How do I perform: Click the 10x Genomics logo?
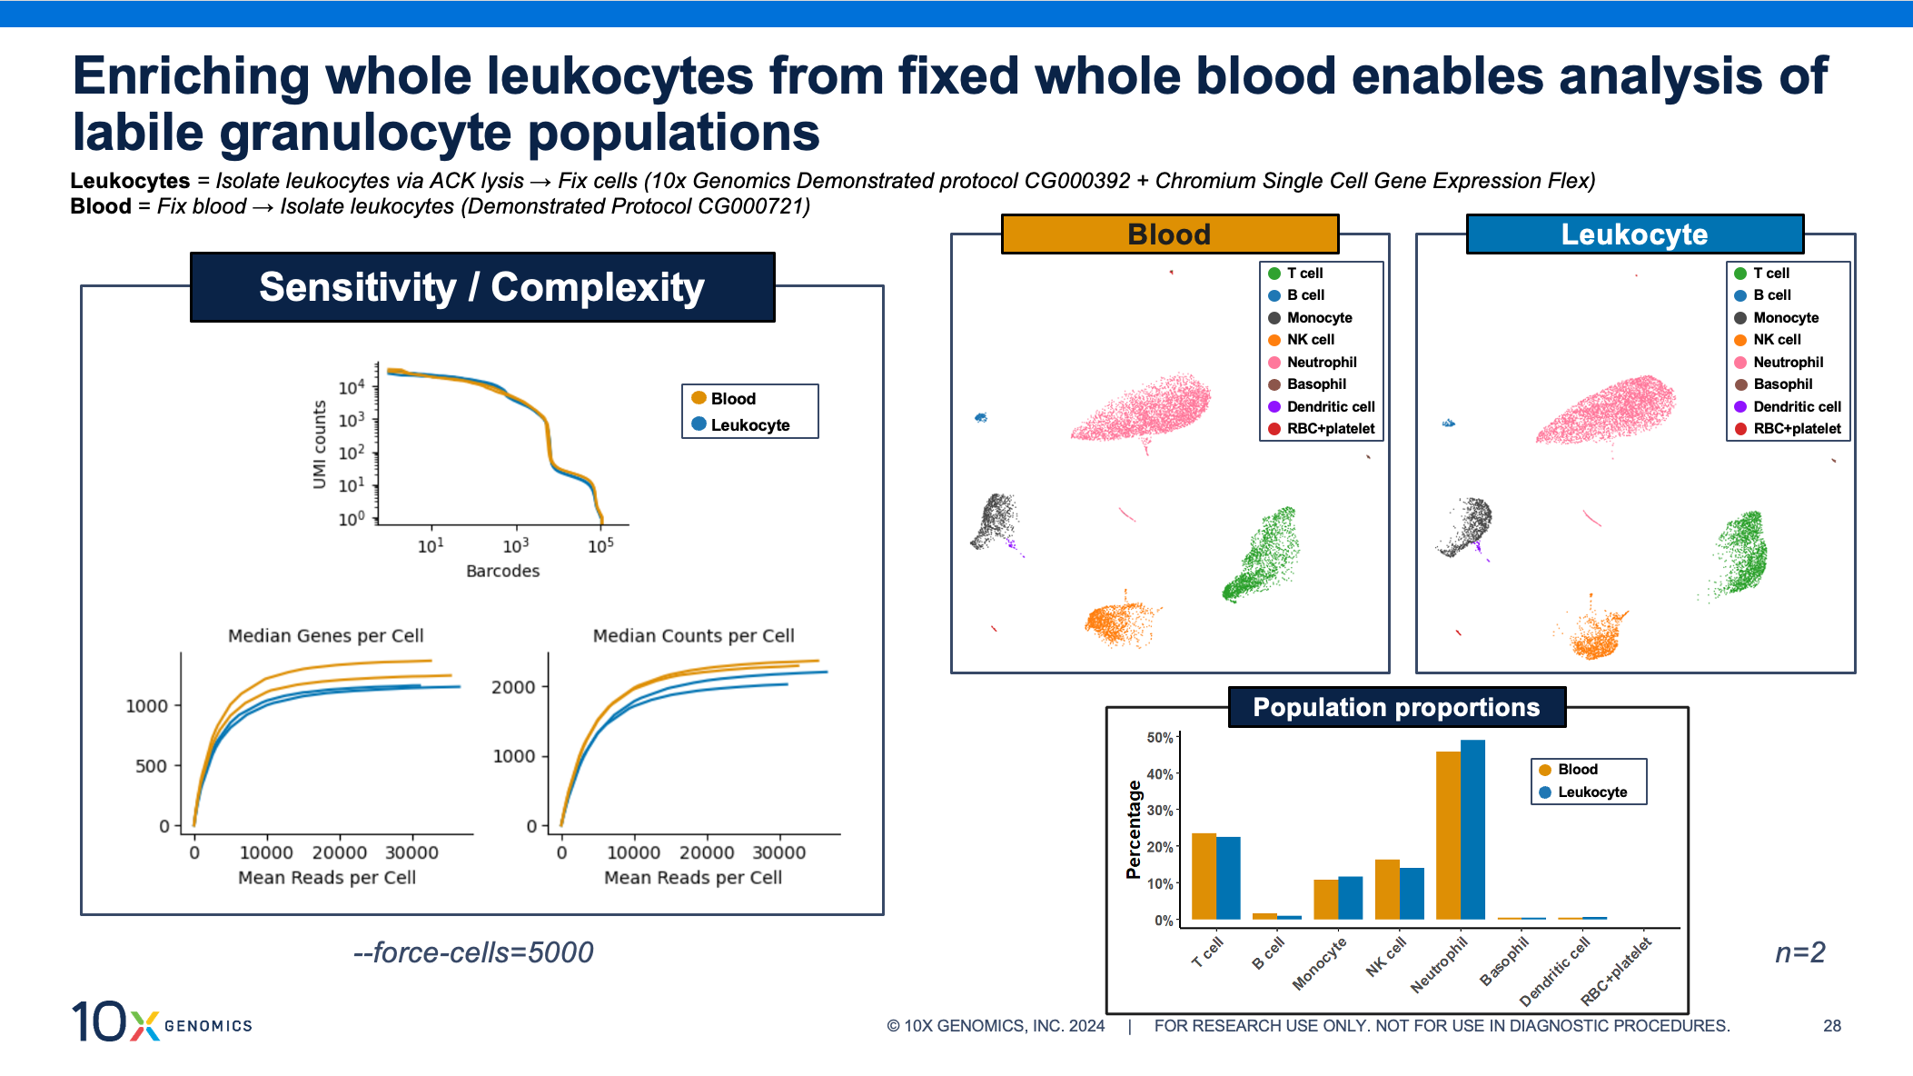coord(162,1021)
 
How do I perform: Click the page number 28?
coord(1831,1026)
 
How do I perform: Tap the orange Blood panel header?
coord(1169,234)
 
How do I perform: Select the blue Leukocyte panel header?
coord(1634,234)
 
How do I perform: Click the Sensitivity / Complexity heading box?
coord(481,287)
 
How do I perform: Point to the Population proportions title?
coord(1396,707)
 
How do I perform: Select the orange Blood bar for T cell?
coord(1204,876)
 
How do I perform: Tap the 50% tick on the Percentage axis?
coord(1160,738)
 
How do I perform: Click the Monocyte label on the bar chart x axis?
coord(1320,963)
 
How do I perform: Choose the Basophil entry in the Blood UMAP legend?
coord(1316,384)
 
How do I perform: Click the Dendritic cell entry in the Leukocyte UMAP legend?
coord(1797,407)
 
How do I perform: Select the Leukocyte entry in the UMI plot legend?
coord(749,425)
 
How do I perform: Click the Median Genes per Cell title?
coord(325,636)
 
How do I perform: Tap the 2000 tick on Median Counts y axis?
coord(513,687)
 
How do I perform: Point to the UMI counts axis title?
coord(319,444)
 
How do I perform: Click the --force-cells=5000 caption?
coord(473,952)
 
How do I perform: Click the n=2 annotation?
coord(1799,952)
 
